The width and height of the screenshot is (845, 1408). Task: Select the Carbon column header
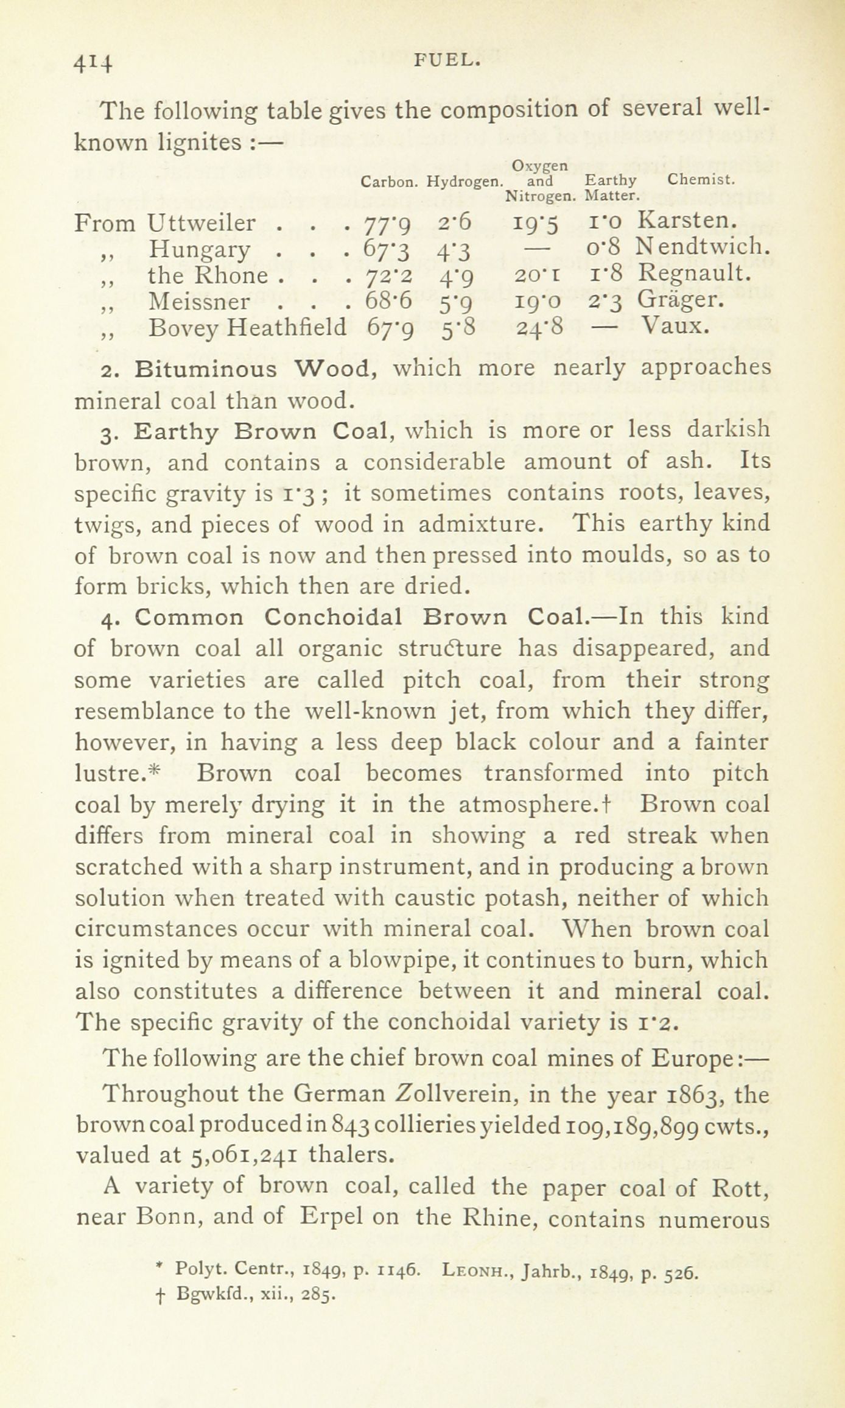(x=389, y=182)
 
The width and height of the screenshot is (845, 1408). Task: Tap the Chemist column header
(x=701, y=180)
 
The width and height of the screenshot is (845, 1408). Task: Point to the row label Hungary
(x=199, y=250)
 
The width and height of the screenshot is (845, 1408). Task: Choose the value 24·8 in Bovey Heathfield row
(x=538, y=328)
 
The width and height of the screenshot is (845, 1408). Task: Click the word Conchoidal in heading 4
(x=332, y=617)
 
